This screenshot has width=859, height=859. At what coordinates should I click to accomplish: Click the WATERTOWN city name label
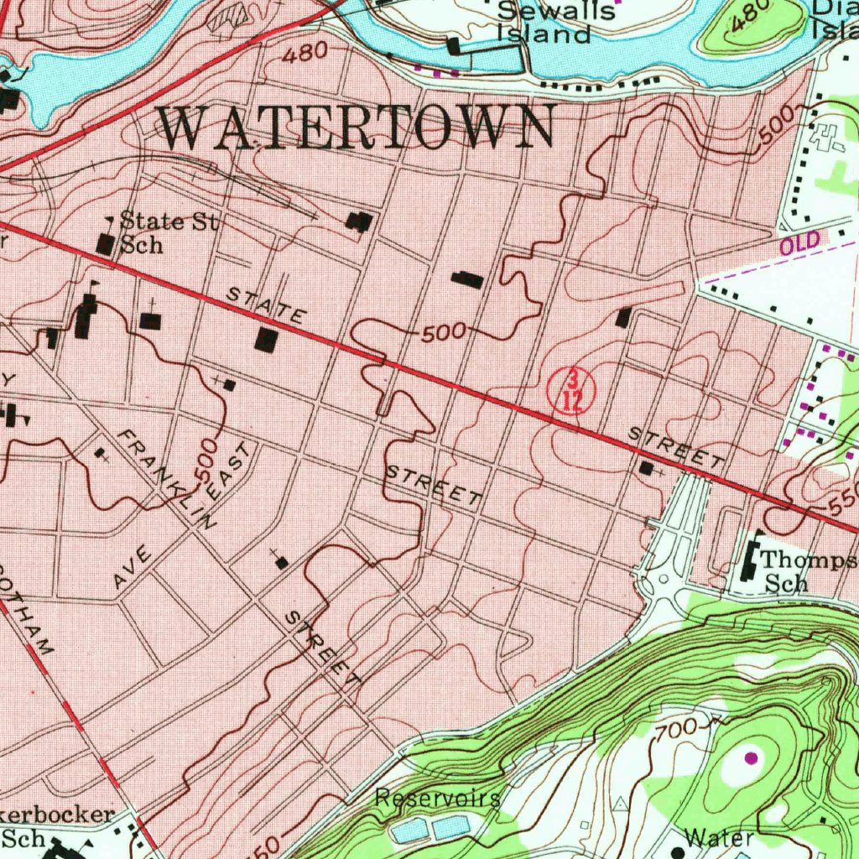357,128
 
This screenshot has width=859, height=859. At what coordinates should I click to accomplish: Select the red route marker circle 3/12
571,390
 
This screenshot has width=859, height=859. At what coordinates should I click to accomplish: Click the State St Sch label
169,233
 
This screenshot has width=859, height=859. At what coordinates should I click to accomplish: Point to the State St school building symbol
106,244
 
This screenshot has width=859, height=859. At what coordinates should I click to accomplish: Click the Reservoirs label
437,797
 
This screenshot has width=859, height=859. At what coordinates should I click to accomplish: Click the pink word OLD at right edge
798,245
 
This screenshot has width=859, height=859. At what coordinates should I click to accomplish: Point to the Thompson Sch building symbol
748,563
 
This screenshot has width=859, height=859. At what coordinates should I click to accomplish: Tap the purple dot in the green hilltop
750,757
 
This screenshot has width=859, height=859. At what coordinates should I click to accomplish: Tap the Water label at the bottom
717,837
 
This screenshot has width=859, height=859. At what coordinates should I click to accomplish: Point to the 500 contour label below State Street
443,333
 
